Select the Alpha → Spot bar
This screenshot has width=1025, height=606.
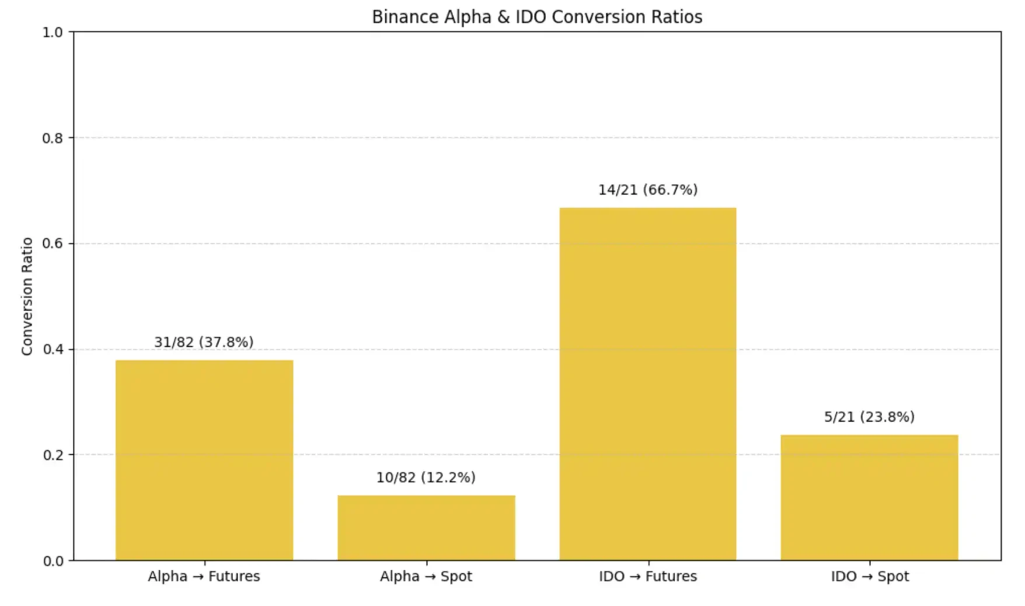(x=426, y=528)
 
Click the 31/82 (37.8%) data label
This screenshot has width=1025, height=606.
(x=204, y=342)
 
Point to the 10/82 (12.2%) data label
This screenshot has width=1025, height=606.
(x=426, y=478)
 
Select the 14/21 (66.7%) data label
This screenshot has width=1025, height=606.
(x=648, y=190)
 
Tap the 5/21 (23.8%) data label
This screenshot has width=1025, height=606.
(x=869, y=417)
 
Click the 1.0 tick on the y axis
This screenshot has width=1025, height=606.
(x=53, y=32)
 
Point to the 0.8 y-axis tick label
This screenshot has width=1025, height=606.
(x=53, y=138)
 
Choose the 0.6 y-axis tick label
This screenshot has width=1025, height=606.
(x=53, y=243)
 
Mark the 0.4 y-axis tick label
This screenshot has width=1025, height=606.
(x=53, y=350)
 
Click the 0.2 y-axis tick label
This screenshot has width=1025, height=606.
(x=53, y=455)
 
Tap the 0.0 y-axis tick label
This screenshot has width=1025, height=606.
(x=53, y=561)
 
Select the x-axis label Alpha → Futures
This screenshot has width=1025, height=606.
(x=204, y=576)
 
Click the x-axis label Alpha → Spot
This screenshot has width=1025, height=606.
(x=426, y=576)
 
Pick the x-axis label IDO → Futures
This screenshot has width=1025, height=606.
(x=648, y=576)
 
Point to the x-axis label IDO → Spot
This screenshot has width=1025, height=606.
(x=870, y=576)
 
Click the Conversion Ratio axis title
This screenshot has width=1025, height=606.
(x=27, y=296)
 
